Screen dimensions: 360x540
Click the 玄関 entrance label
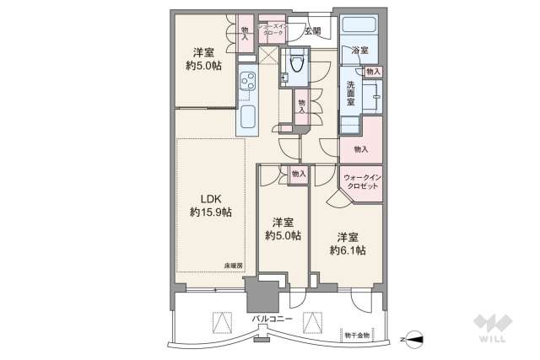coord(312,30)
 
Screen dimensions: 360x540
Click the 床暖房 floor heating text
coord(233,266)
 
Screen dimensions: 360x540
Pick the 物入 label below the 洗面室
coord(360,149)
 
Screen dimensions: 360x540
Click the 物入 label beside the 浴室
coord(374,73)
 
